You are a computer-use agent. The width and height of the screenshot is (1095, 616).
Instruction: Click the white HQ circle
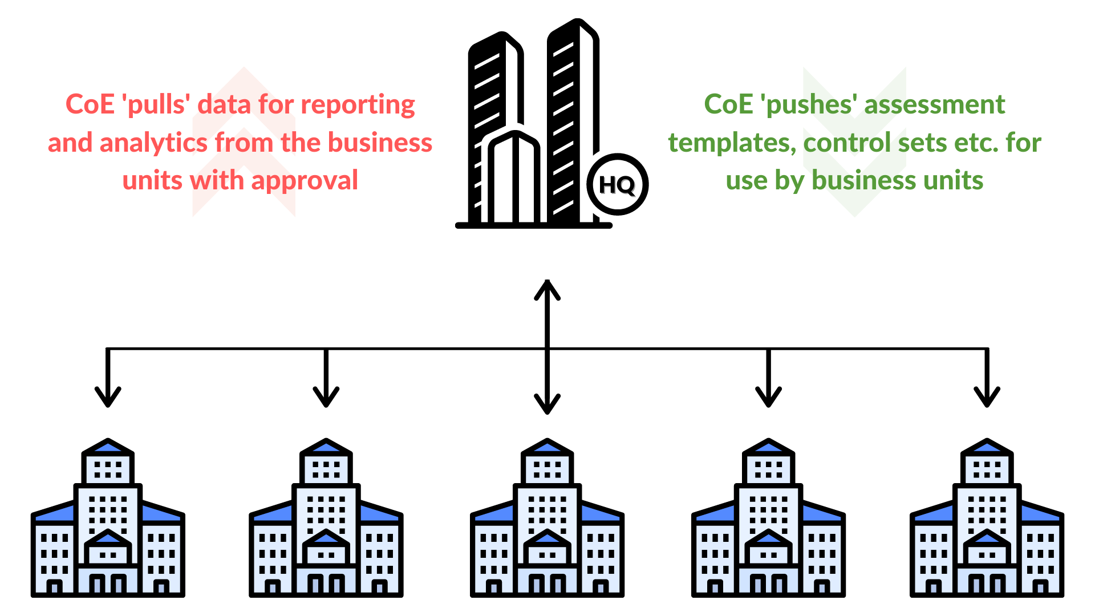[618, 185]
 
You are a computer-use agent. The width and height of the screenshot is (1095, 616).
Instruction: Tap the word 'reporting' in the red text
[358, 105]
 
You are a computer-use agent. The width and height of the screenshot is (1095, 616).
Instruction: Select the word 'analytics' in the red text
[153, 143]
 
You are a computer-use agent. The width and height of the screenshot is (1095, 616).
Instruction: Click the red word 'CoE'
[90, 104]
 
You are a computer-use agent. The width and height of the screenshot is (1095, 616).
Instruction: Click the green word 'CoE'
[728, 104]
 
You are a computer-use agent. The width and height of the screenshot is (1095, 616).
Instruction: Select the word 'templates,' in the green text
[732, 143]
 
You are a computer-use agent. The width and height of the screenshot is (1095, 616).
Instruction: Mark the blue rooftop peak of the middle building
[547, 448]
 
